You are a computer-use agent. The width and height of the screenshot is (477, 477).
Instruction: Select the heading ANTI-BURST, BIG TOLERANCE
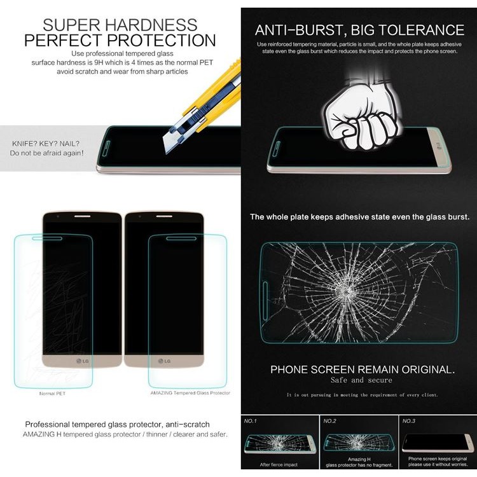point(359,30)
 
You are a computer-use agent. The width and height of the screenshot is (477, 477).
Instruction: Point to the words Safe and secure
point(361,380)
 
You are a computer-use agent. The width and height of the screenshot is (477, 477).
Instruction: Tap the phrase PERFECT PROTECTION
point(120,41)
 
